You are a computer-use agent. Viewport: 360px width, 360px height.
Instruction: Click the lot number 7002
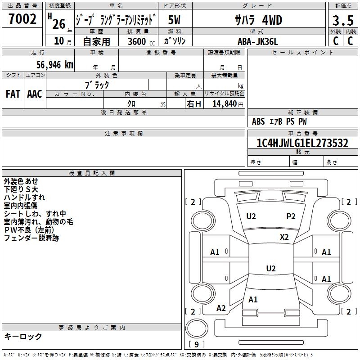[22, 19]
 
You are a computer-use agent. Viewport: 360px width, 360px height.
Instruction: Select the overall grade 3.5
[343, 21]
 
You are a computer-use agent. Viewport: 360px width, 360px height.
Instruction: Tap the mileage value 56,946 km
[55, 65]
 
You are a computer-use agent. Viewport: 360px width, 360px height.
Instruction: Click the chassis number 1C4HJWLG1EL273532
[302, 143]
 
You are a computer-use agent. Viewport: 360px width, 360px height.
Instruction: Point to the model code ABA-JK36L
[257, 41]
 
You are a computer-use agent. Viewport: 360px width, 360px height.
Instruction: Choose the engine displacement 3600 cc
[141, 41]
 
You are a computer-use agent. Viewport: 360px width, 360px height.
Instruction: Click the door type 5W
[174, 20]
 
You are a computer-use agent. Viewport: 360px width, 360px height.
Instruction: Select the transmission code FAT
[13, 94]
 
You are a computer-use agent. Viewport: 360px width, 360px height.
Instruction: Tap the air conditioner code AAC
[35, 94]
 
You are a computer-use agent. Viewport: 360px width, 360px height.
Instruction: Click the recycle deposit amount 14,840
[225, 104]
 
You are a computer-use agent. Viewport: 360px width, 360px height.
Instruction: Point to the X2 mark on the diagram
[284, 237]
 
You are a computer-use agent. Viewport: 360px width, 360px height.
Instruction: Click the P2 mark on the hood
[291, 216]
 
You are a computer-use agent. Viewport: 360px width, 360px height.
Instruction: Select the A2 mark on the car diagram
[221, 308]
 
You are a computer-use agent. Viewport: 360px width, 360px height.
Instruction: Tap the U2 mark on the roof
[271, 268]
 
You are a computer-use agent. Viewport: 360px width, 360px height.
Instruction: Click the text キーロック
[23, 337]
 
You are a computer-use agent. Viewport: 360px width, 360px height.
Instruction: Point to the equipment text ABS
[258, 121]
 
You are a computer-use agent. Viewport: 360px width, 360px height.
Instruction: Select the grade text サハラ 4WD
[258, 20]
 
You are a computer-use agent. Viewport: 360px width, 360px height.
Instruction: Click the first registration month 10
[59, 41]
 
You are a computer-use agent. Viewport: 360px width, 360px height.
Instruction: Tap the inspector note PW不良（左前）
[29, 230]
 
